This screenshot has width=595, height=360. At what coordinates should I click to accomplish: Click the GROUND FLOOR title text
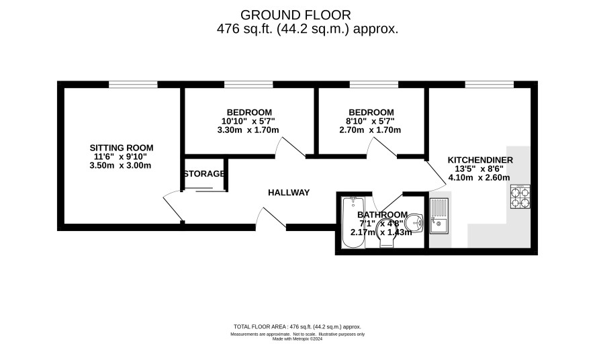point(295,15)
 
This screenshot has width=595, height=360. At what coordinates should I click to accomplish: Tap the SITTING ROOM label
point(122,148)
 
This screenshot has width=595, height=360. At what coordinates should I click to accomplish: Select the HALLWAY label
point(289,193)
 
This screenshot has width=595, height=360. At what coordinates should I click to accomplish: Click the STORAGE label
point(204,174)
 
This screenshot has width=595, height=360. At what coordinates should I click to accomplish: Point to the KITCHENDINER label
point(480,160)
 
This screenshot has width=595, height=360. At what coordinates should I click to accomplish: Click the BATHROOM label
point(383,215)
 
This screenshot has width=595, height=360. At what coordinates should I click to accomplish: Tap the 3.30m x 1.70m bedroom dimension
point(248,130)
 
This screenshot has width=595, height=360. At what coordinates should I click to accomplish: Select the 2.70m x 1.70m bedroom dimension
point(370,130)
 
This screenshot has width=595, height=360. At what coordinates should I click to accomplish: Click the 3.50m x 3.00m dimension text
point(120,165)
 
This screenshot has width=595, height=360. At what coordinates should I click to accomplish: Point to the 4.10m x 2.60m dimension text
point(479,177)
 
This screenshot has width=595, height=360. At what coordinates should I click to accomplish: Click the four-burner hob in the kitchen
point(520,197)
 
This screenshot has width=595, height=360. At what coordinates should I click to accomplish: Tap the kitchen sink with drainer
point(439,216)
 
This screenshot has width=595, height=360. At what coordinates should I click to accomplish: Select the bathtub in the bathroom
point(353,223)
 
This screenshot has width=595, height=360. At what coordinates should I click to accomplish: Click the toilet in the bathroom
point(387,233)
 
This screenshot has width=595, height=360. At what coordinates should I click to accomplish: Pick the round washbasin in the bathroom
point(414,222)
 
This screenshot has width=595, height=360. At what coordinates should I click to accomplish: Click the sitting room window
point(133,84)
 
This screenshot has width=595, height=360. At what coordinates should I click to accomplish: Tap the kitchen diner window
point(490,84)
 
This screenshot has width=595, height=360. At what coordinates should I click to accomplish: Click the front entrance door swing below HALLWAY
point(271,218)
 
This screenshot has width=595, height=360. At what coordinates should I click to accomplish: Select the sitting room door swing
point(173,206)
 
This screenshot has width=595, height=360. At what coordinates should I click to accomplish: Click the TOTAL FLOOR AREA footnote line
point(297,326)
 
